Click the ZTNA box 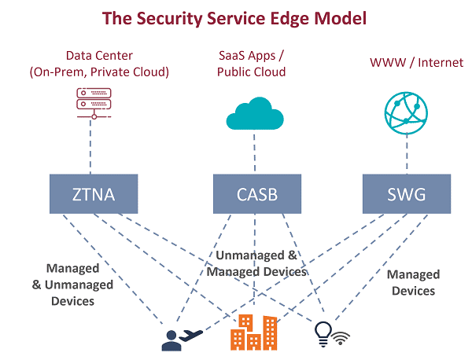coord(94,194)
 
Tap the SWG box coord(407,194)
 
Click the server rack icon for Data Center coord(94,101)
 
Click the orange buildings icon coord(253,332)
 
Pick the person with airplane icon coord(180,337)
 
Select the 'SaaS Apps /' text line coord(252,55)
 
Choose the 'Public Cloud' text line coord(252,72)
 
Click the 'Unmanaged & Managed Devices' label coord(256,263)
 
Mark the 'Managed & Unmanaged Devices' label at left coord(72,284)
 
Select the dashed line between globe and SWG coord(407,152)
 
